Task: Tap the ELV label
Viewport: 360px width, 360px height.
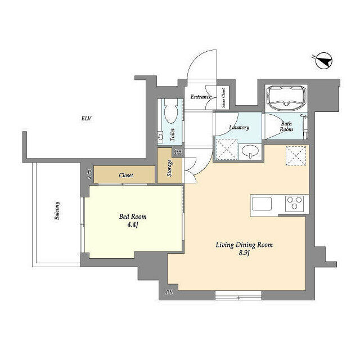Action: coord(86,119)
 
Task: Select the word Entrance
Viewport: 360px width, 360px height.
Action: coord(201,97)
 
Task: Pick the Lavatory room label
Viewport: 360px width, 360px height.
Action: coord(238,127)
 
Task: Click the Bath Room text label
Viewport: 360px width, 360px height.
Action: coord(287,126)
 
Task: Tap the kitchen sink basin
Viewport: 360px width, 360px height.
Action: coord(263,203)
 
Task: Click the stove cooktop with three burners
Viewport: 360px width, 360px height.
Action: coord(294,203)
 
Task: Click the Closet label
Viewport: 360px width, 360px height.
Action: coord(126,175)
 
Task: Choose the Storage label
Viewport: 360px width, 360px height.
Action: coord(170,169)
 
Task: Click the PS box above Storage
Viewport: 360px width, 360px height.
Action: coord(178,152)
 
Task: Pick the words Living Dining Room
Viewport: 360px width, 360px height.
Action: coord(245,245)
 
